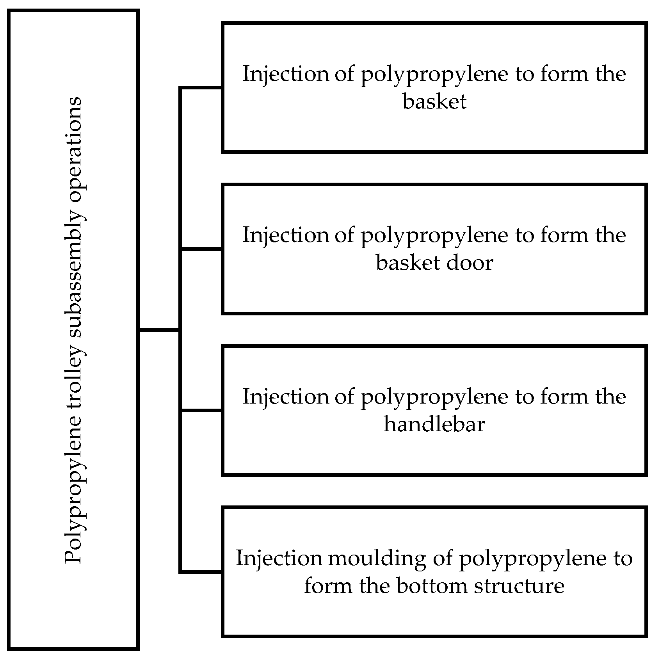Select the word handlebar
click(434, 424)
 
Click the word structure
click(519, 586)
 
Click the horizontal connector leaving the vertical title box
click(159, 331)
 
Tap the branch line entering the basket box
click(201, 88)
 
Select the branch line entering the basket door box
click(201, 249)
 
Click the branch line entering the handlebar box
click(201, 410)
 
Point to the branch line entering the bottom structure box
click(201, 572)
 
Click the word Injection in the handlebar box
click(286, 397)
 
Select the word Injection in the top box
click(286, 74)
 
